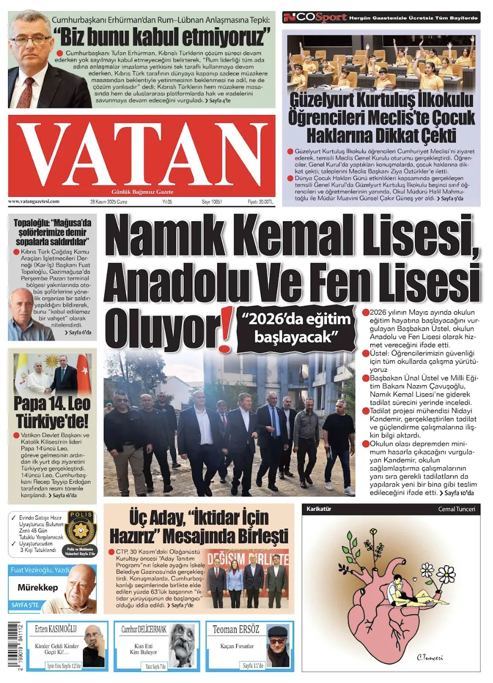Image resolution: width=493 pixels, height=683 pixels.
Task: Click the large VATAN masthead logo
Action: (x=142, y=154)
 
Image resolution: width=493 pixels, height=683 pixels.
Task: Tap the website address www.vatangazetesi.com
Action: (x=34, y=202)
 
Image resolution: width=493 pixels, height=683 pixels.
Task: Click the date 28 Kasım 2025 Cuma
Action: (x=108, y=202)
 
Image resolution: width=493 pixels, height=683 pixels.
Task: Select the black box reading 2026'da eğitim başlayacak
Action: (x=296, y=328)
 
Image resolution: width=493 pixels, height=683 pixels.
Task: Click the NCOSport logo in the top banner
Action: (x=315, y=17)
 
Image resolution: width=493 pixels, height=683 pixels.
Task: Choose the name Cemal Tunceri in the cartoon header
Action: (x=456, y=509)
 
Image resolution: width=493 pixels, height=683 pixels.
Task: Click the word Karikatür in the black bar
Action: (x=319, y=509)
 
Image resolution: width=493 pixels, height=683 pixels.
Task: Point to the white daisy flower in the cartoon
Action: (x=446, y=574)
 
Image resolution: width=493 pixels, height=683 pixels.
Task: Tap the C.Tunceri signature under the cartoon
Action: (x=429, y=657)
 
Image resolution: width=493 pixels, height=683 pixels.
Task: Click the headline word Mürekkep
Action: (x=38, y=588)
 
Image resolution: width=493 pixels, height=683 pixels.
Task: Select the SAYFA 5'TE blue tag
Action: (x=25, y=605)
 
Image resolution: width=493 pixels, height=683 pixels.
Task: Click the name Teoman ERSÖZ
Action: (x=236, y=630)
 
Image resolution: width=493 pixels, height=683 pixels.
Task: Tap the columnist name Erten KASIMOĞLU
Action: (x=56, y=629)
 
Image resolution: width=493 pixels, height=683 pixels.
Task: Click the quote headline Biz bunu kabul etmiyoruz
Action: (x=162, y=37)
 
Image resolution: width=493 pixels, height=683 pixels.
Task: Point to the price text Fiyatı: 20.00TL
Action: (x=260, y=202)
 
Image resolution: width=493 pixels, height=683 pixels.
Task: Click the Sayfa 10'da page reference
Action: (x=459, y=493)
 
